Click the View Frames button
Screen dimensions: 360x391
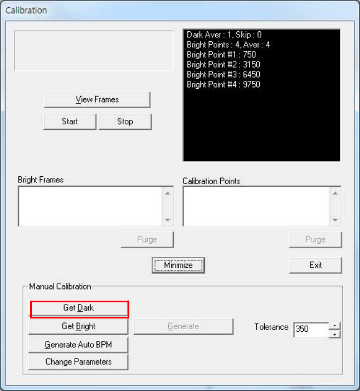(x=97, y=99)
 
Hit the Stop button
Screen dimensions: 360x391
(x=125, y=121)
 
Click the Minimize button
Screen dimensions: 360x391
(x=178, y=265)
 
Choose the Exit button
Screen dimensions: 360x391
(x=315, y=265)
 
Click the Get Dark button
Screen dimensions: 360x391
(x=79, y=308)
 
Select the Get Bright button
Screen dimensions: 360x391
(x=79, y=326)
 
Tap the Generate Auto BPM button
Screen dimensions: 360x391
(x=79, y=345)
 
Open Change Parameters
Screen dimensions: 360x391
(x=79, y=362)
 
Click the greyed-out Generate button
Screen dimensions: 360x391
(x=183, y=326)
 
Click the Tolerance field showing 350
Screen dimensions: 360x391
(x=310, y=329)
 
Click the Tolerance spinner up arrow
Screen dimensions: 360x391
(x=334, y=325)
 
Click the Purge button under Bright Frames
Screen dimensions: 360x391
(x=147, y=239)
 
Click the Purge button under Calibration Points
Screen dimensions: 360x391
(x=315, y=239)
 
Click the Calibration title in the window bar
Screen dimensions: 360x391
(x=26, y=10)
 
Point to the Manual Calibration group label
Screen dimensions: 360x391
(x=60, y=286)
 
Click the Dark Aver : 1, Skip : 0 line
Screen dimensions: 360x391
(x=224, y=35)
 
